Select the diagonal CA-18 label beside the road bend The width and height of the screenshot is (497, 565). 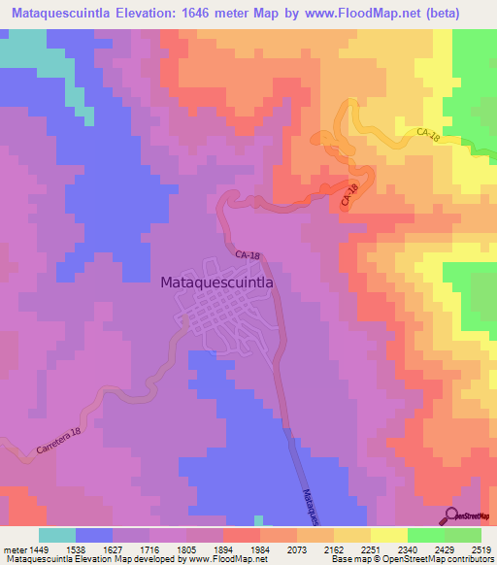point(350,194)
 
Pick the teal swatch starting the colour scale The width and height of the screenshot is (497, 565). point(57,535)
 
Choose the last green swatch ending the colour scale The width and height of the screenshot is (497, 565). point(463,535)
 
